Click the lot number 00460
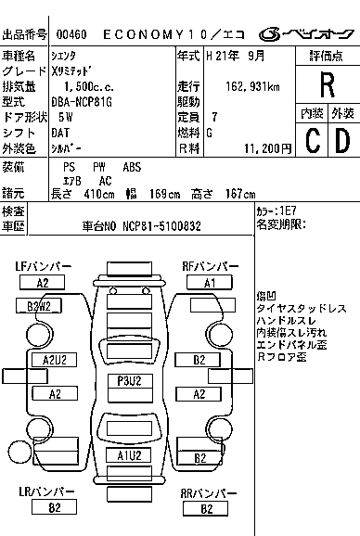pyautogui.click(x=71, y=34)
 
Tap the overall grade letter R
pyautogui.click(x=328, y=85)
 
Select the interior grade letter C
pyautogui.click(x=313, y=140)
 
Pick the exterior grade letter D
pyautogui.click(x=343, y=140)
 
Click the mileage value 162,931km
pyautogui.click(x=252, y=87)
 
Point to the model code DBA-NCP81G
pyautogui.click(x=82, y=102)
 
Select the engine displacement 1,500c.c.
pyautogui.click(x=89, y=87)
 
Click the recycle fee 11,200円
pyautogui.click(x=268, y=148)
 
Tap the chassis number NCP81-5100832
pyautogui.click(x=161, y=226)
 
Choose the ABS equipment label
pyautogui.click(x=132, y=167)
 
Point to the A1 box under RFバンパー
pyautogui.click(x=210, y=283)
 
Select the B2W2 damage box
pyautogui.click(x=39, y=306)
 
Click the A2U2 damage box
pyautogui.click(x=55, y=360)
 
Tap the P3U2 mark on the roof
pyautogui.click(x=129, y=381)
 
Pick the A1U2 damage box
pyautogui.click(x=129, y=455)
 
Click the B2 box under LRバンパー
pyautogui.click(x=54, y=507)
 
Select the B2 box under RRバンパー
pyautogui.click(x=205, y=509)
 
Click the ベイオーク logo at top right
pyautogui.click(x=307, y=33)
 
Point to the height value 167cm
pyautogui.click(x=240, y=194)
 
